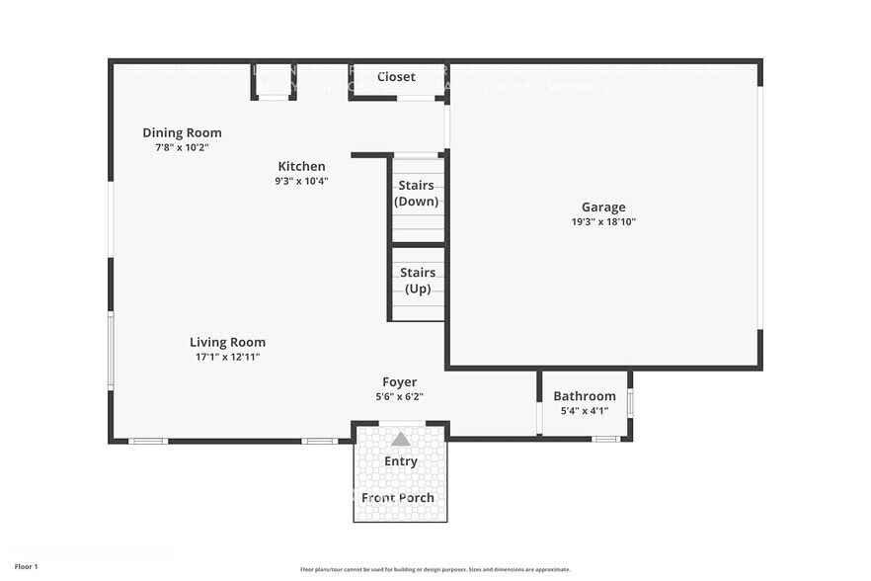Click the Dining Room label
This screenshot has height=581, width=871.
(x=182, y=132)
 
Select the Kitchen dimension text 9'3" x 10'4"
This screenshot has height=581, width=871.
(x=300, y=181)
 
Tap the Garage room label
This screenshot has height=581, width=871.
(x=602, y=207)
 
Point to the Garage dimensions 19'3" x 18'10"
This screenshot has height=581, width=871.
(x=602, y=222)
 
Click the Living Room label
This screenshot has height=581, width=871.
(x=227, y=343)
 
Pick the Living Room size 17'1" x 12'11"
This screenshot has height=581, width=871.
(x=227, y=357)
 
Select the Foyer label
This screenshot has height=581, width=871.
(x=399, y=382)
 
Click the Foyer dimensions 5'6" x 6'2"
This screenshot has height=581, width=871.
(x=399, y=396)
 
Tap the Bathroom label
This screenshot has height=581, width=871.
(x=584, y=396)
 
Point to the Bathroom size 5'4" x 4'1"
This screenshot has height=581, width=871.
(x=584, y=410)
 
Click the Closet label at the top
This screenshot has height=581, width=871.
(x=396, y=77)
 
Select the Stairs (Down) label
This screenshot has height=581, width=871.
(x=416, y=194)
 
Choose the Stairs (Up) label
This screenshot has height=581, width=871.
(x=418, y=281)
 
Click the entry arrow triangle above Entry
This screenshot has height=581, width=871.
(x=400, y=439)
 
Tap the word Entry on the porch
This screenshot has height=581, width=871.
(x=400, y=461)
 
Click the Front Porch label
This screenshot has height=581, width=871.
(x=398, y=497)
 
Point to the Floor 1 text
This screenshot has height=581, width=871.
(x=26, y=566)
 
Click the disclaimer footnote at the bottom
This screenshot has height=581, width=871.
(x=435, y=569)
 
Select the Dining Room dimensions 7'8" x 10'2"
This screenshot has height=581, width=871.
(x=182, y=146)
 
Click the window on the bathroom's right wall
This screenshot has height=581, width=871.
(x=630, y=404)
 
